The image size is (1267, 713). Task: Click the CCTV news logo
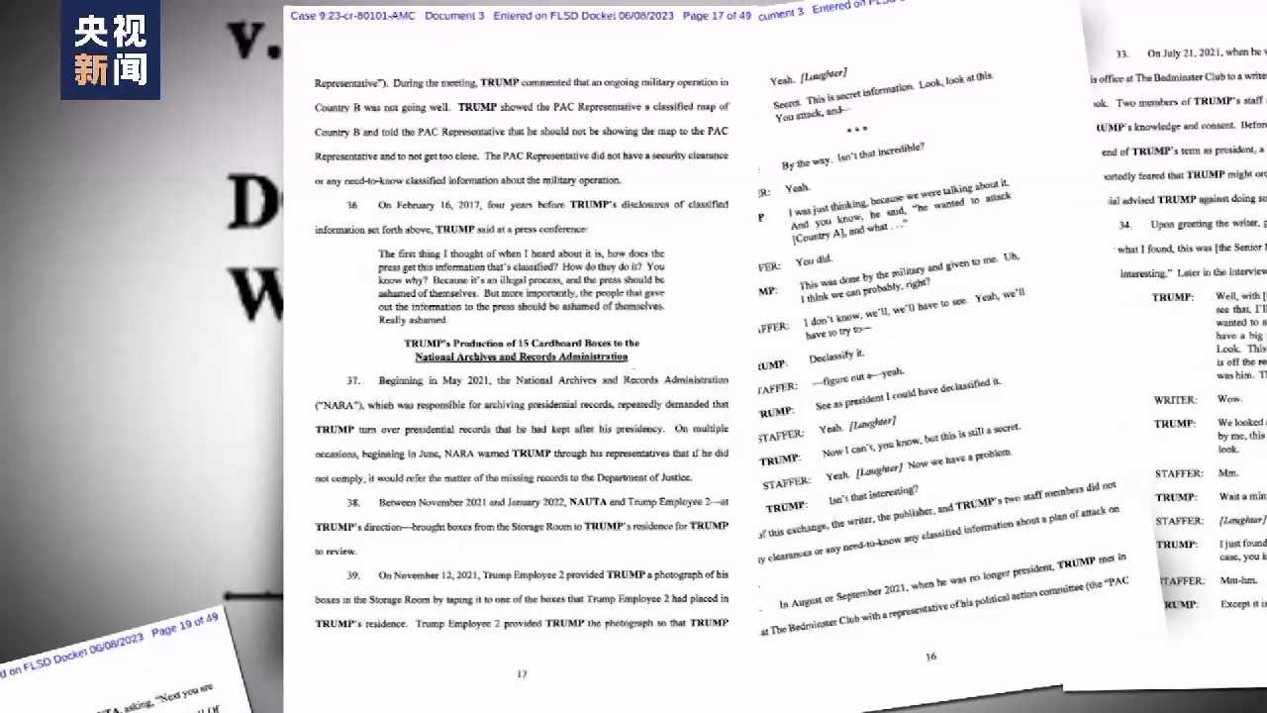(x=110, y=50)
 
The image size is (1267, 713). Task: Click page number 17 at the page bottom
(x=522, y=673)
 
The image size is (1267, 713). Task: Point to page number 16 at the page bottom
(x=930, y=656)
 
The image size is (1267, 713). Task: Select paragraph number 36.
(x=352, y=205)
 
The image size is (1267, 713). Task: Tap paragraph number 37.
(x=352, y=380)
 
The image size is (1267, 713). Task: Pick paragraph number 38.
(x=352, y=503)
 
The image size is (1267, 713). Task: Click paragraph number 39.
(x=352, y=575)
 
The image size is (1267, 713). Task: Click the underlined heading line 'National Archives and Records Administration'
(x=521, y=356)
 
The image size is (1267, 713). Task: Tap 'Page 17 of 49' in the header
(x=717, y=15)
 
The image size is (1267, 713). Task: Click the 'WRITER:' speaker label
(x=1175, y=399)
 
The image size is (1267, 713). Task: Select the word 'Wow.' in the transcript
(x=1228, y=398)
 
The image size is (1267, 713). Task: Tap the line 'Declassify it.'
(x=836, y=356)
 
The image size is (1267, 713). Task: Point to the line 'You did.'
(x=814, y=261)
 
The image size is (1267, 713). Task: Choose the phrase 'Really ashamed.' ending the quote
(x=413, y=320)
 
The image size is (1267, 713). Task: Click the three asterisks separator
(x=855, y=130)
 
